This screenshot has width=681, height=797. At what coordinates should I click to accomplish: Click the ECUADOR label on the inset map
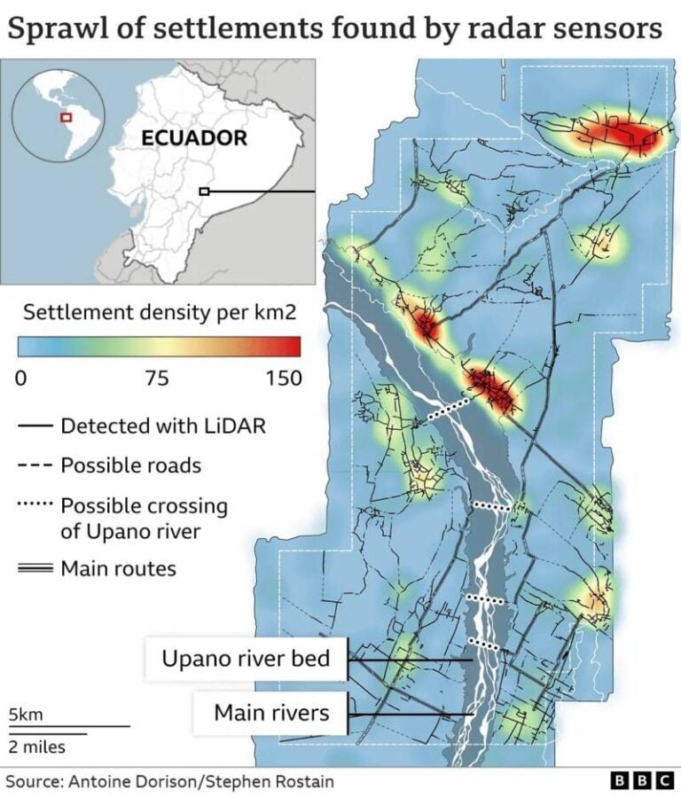coord(194,138)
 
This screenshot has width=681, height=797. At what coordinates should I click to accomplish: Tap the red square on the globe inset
coord(65,117)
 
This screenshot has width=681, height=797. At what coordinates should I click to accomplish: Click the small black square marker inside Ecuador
coord(204,191)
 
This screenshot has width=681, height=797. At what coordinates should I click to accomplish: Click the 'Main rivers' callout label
coord(271,712)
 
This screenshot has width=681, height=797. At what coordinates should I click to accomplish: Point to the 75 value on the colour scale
coord(158,379)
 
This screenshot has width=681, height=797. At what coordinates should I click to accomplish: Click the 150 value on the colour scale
coord(283,379)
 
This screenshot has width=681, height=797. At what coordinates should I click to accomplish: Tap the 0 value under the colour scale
coord(23,379)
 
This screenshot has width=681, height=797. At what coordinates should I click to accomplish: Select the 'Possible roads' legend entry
coord(130,465)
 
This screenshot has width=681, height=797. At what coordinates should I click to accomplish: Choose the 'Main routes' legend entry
coord(118,568)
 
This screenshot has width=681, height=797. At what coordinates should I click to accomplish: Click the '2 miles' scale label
coord(37,746)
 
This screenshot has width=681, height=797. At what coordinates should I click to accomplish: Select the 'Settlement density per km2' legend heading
coord(159,312)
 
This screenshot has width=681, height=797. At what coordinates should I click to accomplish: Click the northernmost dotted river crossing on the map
coord(448,409)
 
